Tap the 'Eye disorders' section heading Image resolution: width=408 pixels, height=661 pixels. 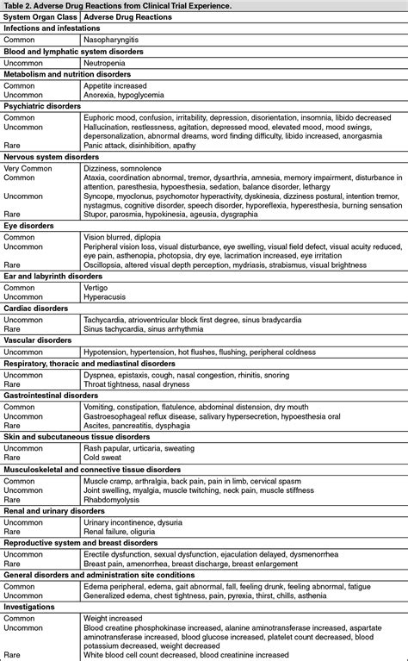(30, 225)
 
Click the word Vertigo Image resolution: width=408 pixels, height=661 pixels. (97, 287)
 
